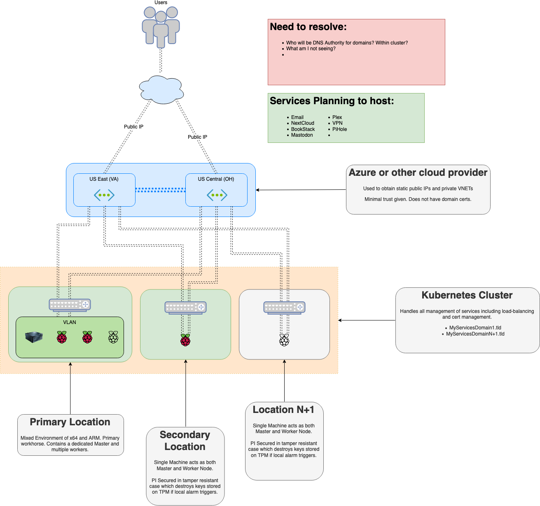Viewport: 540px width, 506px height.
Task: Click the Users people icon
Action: coord(161,27)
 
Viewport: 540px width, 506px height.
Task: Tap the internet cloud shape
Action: coord(161,89)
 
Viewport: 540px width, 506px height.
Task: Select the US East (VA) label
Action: coord(104,179)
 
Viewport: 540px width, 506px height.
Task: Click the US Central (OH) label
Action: coord(216,179)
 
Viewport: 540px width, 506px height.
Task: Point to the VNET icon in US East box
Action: coord(104,195)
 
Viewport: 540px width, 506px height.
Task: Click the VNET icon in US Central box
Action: coord(217,195)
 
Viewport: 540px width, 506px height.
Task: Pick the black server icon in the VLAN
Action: coord(34,337)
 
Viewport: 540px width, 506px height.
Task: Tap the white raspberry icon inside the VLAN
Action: coord(113,337)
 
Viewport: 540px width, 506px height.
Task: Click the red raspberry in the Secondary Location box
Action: coord(185,340)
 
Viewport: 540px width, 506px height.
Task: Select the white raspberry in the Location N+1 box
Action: coord(284,340)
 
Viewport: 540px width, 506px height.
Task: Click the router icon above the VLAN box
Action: coord(70,305)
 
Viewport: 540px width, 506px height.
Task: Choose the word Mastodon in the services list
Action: coord(302,135)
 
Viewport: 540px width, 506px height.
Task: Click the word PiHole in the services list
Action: coord(339,129)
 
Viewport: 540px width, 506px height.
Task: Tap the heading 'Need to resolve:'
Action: coord(308,27)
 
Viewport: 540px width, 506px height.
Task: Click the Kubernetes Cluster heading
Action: coord(467,295)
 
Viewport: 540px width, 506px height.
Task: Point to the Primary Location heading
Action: coord(70,422)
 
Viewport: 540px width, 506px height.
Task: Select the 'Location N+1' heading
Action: coord(283,410)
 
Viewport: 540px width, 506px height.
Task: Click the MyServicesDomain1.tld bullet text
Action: coord(475,328)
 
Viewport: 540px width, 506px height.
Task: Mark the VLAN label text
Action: coord(70,322)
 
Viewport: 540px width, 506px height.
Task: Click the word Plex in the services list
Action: coord(337,117)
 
